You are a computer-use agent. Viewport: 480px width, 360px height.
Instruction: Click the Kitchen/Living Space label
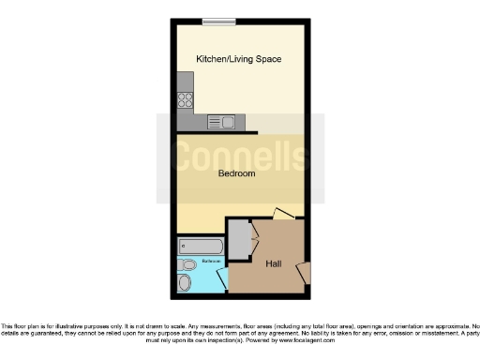coord(238,59)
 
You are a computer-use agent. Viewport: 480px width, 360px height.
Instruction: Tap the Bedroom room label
coord(237,173)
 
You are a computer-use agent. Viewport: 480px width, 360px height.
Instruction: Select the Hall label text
coord(274,263)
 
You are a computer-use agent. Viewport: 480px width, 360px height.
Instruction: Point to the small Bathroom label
coord(198,260)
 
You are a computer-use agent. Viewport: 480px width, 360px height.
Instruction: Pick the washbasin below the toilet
coord(186,282)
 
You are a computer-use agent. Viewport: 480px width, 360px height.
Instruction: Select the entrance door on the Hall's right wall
coord(303,272)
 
